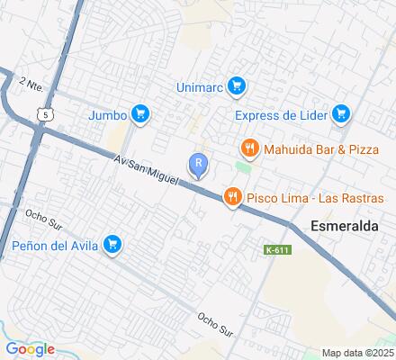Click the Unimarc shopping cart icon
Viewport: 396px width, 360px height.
[237, 86]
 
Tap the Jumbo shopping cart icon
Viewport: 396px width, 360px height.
[139, 114]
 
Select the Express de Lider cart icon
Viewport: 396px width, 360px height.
[340, 114]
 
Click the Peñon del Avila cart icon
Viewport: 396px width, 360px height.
[112, 244]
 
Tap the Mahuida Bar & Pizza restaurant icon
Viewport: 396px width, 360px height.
[249, 148]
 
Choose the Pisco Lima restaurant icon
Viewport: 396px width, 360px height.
[233, 197]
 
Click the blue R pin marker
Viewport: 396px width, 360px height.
[198, 164]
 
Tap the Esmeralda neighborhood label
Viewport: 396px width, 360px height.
[345, 226]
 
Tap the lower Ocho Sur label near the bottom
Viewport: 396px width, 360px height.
[215, 324]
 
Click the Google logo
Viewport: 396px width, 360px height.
[30, 349]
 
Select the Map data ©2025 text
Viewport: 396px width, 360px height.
[357, 353]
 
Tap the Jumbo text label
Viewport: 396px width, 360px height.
[107, 114]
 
